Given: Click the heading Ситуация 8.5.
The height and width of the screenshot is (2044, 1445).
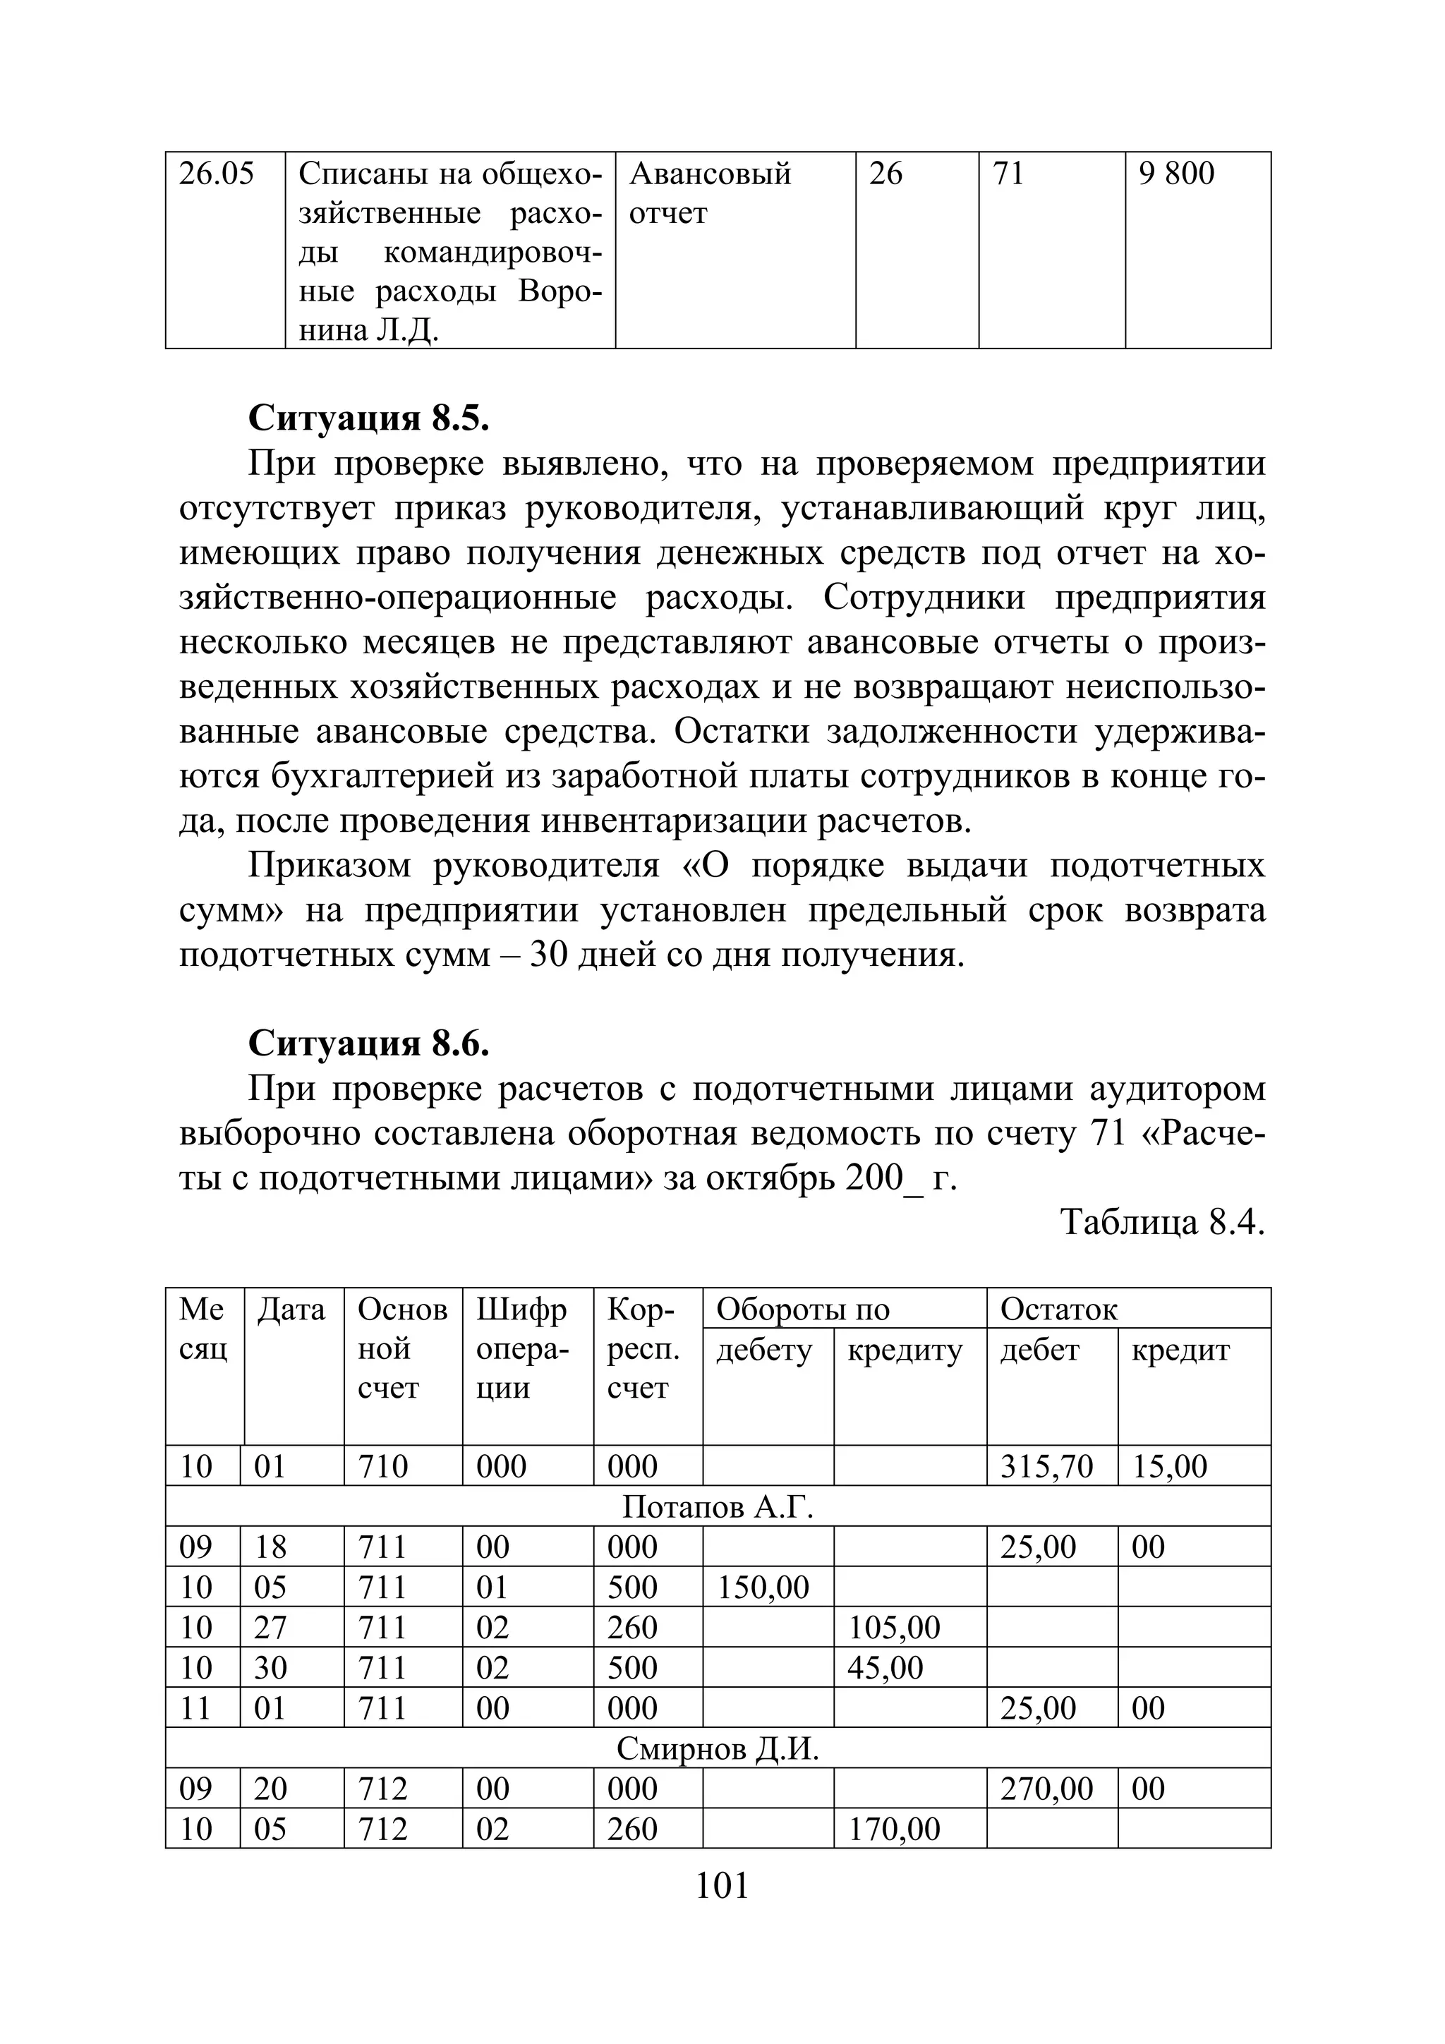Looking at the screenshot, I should point(368,417).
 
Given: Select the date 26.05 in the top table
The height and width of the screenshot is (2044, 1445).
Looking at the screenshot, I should point(217,174).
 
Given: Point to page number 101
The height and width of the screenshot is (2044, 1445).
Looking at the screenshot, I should point(721,1885).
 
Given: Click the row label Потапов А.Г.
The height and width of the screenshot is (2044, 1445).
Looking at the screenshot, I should point(718,1506).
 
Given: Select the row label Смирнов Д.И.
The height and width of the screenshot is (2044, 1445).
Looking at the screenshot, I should point(718,1748).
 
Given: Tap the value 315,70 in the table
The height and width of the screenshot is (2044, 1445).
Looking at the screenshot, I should point(1046,1466).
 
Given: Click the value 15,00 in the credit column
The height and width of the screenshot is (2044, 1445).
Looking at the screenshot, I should point(1169,1466).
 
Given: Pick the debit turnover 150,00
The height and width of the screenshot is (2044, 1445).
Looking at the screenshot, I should point(763,1588).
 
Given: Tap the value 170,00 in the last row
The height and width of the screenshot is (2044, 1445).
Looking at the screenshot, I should point(894,1829).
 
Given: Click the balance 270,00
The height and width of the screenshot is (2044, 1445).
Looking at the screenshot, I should point(1046,1789).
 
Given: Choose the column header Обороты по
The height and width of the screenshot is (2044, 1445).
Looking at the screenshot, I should point(802,1310).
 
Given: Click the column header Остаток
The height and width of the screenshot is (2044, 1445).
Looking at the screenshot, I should point(1058,1310).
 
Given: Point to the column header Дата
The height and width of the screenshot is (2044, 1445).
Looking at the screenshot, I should point(291,1310).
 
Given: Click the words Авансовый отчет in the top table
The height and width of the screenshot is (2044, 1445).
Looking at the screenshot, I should point(710,193).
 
